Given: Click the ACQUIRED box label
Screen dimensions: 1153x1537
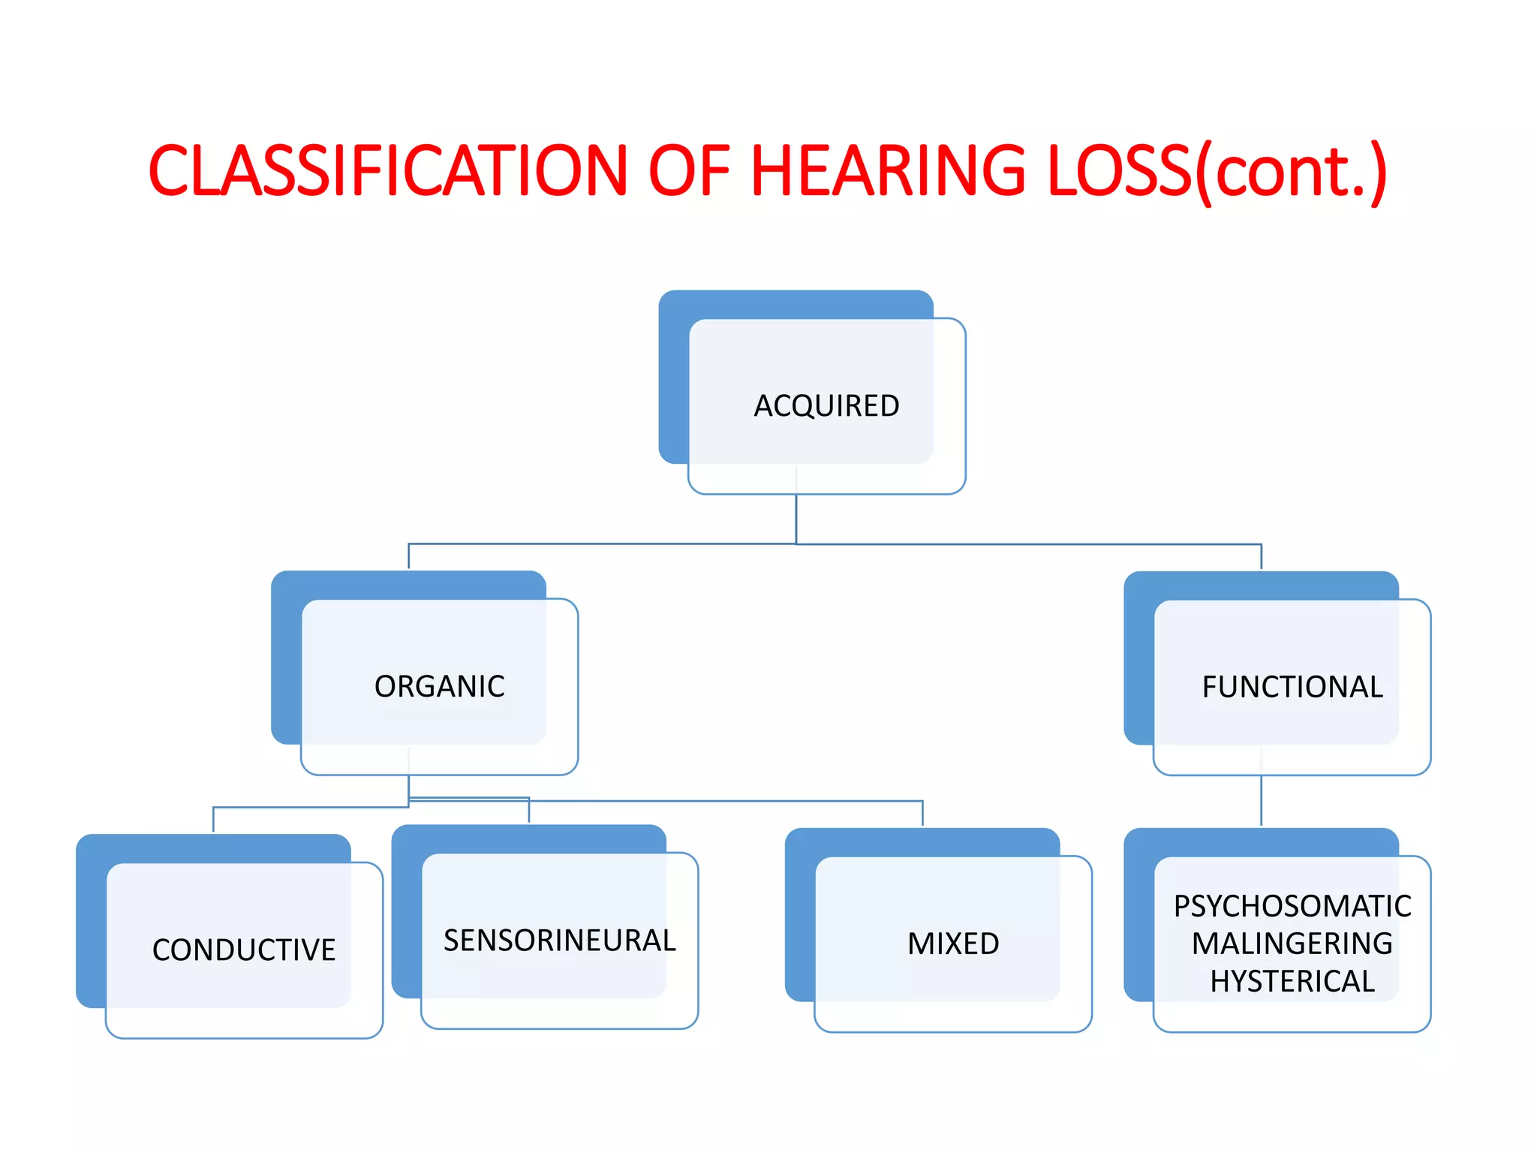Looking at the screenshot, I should click(826, 406).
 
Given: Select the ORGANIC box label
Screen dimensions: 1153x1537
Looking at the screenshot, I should click(439, 687).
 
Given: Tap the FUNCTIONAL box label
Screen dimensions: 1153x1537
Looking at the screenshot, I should click(1292, 688).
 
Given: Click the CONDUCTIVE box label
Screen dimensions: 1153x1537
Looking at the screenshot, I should click(244, 950).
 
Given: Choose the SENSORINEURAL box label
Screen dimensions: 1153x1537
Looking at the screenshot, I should click(559, 941).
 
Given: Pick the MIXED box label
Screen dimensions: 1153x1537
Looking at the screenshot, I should click(953, 944).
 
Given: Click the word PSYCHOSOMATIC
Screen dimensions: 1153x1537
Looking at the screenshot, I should click(1292, 906).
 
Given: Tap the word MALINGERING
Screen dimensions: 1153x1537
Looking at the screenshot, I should click(1292, 944).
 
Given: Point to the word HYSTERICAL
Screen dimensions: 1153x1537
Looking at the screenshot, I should click(1292, 981).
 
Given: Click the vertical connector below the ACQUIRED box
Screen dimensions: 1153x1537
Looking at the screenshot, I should click(796, 518).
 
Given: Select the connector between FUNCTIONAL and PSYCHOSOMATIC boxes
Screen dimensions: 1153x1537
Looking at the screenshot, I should click(1261, 800).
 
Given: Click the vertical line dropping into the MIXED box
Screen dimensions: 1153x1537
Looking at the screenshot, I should click(922, 814).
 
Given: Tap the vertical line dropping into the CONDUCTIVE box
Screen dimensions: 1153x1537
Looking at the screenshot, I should click(214, 819).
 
